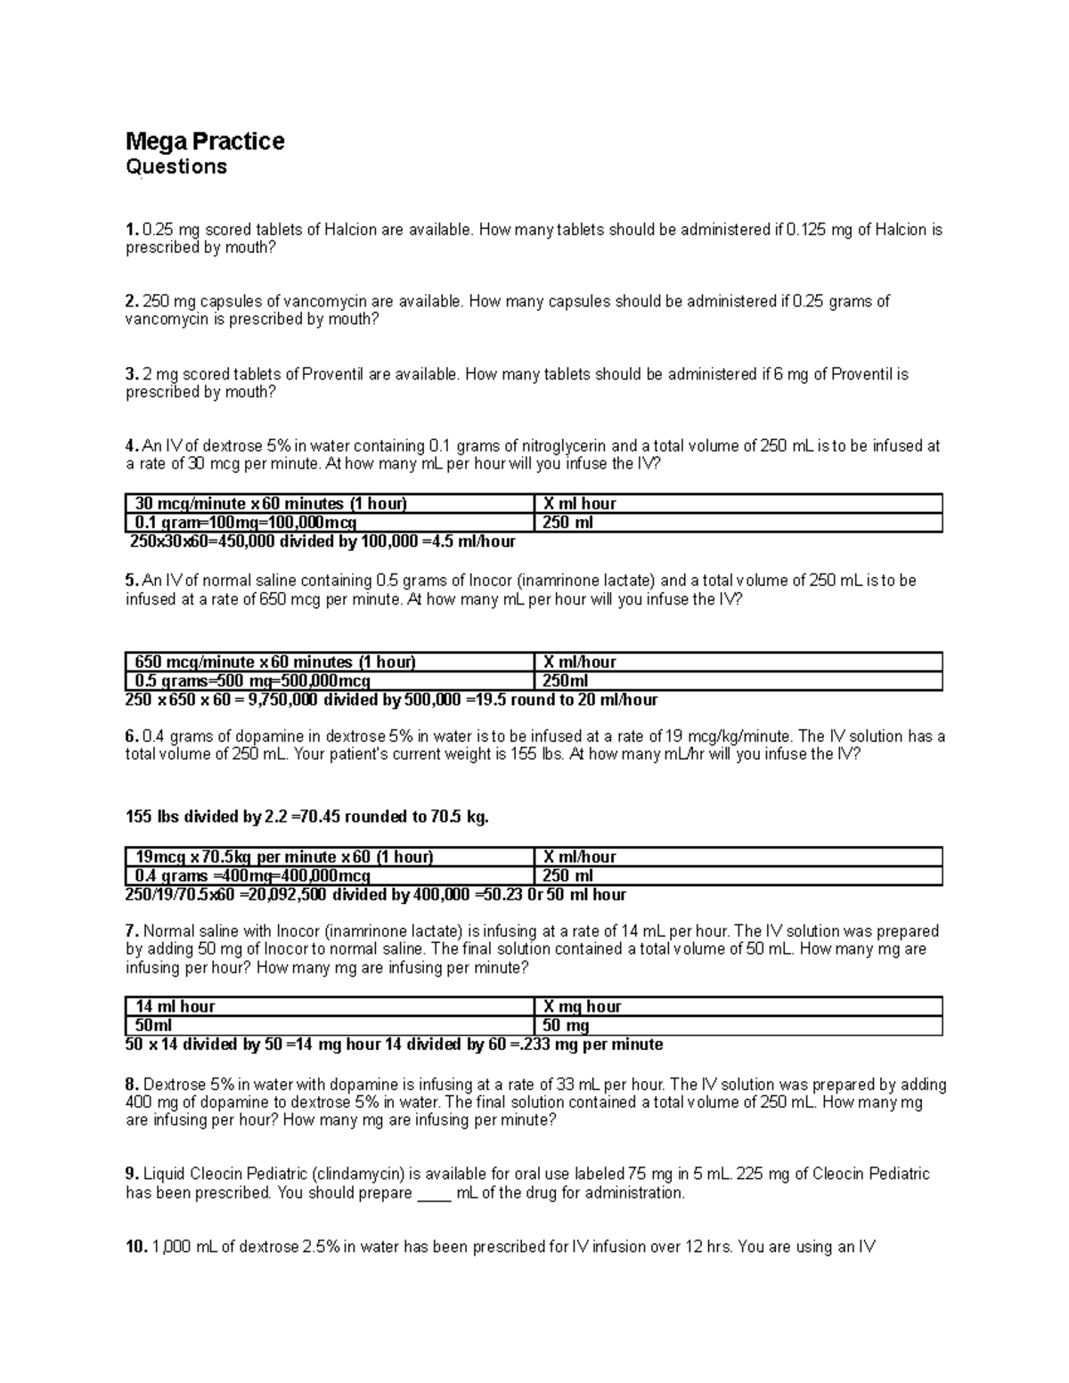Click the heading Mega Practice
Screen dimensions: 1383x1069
point(205,141)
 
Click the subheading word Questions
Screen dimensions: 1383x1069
point(176,167)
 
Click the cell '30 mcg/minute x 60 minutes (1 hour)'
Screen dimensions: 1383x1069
point(270,504)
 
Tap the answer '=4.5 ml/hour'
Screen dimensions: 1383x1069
point(469,541)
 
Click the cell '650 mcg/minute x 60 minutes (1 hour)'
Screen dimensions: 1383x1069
point(274,663)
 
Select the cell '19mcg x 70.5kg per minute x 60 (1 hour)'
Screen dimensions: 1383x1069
point(283,857)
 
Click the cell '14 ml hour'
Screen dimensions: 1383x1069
point(175,1006)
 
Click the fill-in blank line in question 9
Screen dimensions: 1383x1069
point(435,1194)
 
